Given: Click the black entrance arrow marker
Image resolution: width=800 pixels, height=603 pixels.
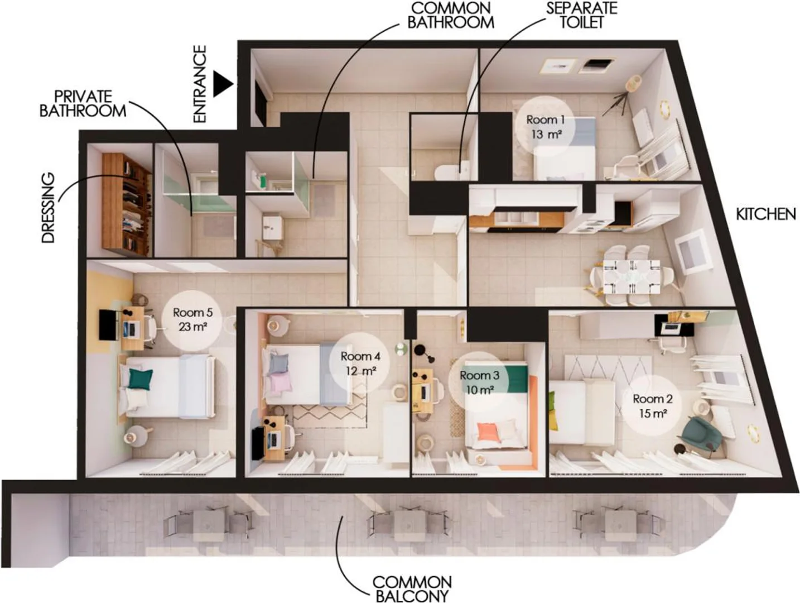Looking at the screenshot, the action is [221, 84].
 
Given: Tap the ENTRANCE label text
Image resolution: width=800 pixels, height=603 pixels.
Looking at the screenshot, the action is [200, 84].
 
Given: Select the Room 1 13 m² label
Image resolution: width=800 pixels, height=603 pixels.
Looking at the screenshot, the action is [546, 127].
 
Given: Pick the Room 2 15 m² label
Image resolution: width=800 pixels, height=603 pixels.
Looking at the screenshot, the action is [652, 406].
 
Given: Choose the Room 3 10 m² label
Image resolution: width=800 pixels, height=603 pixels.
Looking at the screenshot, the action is [480, 382].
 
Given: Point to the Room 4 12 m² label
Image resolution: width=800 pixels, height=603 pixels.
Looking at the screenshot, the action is [360, 363].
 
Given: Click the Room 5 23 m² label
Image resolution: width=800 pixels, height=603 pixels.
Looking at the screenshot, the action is [192, 319].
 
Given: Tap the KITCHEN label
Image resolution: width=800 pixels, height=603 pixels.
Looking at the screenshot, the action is [766, 214].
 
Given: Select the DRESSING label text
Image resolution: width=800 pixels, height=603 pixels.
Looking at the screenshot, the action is [48, 208].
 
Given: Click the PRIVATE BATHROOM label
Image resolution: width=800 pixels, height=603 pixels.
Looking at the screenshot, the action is [83, 104].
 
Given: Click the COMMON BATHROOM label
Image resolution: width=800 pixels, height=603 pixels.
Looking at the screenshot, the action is [450, 15].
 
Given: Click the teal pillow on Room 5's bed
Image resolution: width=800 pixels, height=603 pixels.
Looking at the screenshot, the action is [141, 379].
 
